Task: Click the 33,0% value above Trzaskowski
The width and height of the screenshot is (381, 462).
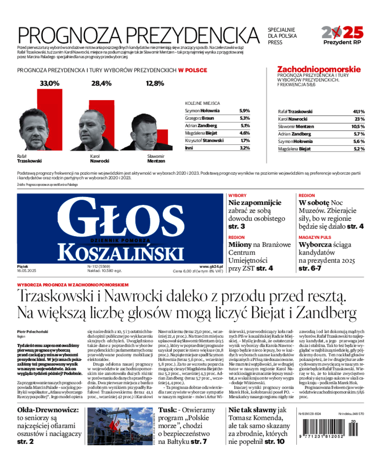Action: click(50, 83)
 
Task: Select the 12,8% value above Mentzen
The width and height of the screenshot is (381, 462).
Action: click(155, 83)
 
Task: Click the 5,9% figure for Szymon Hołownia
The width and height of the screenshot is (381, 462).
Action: click(245, 111)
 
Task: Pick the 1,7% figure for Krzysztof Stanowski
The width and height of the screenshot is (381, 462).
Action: click(245, 141)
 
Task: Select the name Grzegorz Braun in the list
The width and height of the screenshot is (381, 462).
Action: click(200, 118)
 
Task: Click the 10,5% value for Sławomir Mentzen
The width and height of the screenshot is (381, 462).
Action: click(358, 126)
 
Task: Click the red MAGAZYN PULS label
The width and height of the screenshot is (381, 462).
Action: click(315, 237)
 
